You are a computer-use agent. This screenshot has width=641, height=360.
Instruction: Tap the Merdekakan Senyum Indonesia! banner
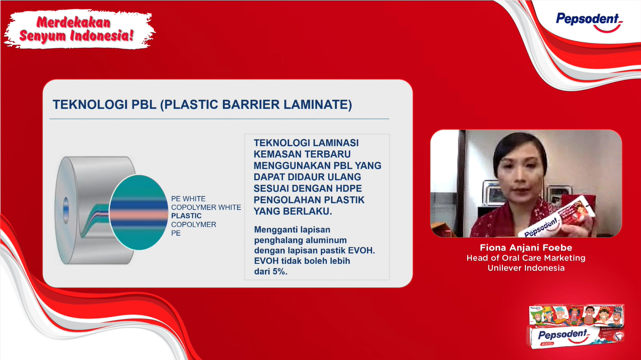pyautogui.click(x=79, y=29)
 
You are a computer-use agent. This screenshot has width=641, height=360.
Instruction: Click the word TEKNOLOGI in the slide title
pyautogui.click(x=90, y=105)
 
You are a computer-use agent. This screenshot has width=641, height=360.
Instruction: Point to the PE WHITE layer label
pyautogui.click(x=188, y=199)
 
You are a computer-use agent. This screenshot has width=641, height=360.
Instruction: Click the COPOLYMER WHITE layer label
pyautogui.click(x=206, y=207)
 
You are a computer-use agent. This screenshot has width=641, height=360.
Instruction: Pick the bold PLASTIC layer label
pyautogui.click(x=186, y=216)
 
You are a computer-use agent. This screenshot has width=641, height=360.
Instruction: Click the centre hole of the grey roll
pyautogui.click(x=66, y=207)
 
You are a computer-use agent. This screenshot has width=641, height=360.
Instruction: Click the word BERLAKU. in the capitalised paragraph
pyautogui.click(x=308, y=211)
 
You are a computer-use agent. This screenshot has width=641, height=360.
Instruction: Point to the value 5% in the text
pyautogui.click(x=279, y=271)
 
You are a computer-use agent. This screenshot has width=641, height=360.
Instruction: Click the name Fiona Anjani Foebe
pyautogui.click(x=526, y=248)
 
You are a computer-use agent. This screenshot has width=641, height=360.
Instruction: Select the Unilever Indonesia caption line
pyautogui.click(x=526, y=268)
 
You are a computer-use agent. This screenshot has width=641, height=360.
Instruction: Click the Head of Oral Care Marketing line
pyautogui.click(x=526, y=258)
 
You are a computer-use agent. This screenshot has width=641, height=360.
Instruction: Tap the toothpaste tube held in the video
pyautogui.click(x=558, y=217)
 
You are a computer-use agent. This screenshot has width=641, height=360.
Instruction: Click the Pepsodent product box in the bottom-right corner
pyautogui.click(x=575, y=327)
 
